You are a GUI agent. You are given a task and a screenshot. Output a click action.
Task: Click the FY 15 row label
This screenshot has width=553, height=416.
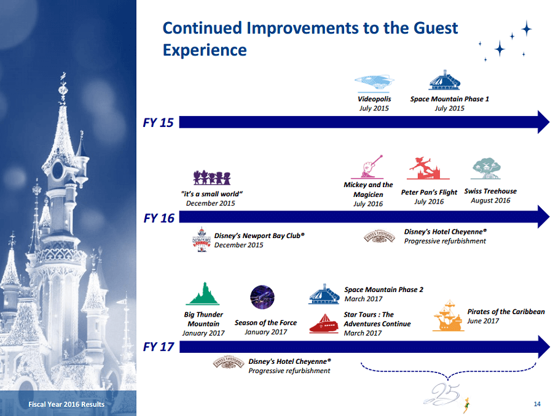pos(158,123)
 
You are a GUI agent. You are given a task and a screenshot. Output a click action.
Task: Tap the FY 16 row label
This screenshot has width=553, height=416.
pos(159,218)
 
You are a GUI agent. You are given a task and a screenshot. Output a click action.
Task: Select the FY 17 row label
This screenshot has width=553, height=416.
pos(159,347)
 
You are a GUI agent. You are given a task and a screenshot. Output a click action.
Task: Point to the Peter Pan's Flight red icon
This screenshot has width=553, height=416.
pos(428,168)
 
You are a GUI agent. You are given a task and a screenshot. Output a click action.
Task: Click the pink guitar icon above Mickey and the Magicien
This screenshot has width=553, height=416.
pos(372,167)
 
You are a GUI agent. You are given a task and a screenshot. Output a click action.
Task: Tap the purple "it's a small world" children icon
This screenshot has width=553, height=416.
pos(211,177)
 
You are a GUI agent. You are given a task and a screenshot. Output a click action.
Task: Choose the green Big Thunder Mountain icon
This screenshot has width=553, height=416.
pos(203,294)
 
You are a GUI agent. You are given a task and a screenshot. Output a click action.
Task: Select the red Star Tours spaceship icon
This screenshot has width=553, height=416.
pos(324,323)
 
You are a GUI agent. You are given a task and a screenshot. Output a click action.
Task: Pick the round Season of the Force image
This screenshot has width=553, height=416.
pos(262,297)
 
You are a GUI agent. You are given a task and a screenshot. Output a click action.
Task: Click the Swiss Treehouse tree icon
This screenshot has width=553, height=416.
pos(487,169)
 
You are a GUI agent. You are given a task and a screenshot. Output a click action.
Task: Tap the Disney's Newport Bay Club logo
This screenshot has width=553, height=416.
pos(202,239)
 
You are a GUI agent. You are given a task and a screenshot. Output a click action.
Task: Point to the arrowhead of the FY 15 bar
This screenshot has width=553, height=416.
pos(544,122)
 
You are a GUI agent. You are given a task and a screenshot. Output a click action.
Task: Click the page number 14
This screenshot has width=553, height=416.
pos(537,404)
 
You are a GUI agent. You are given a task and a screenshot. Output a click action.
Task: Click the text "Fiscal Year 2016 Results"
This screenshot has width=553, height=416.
pos(66,404)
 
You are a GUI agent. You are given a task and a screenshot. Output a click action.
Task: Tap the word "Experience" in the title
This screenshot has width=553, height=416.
pos(205,50)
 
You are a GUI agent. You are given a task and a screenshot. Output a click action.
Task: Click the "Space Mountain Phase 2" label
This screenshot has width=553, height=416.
pos(383,290)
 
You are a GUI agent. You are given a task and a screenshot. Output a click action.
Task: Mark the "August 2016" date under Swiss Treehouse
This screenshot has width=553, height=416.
pos(490,201)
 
